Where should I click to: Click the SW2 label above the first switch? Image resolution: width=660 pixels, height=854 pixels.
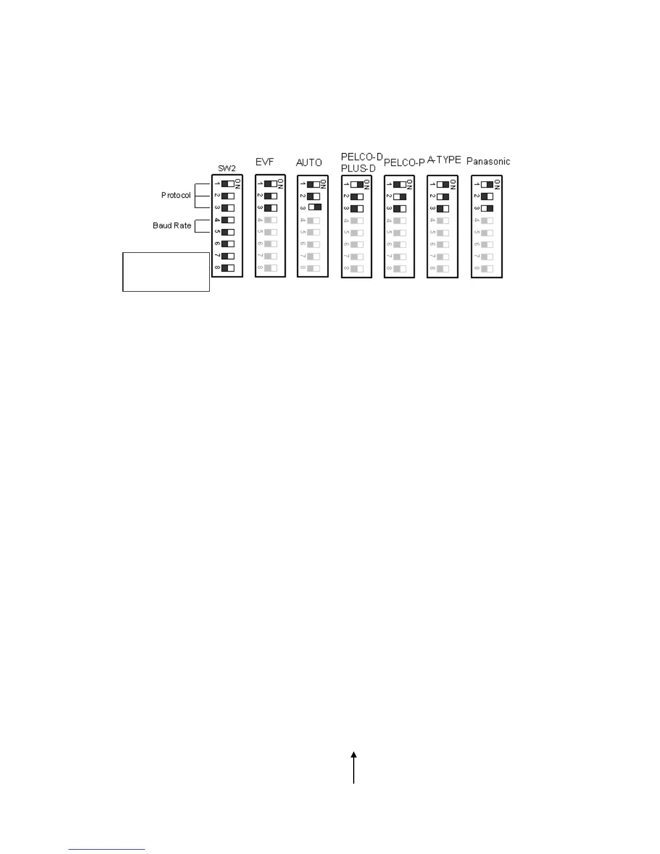pos(227,168)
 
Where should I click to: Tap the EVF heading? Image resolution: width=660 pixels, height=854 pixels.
pos(265,162)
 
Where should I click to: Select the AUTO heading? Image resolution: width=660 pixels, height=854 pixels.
pos(309,162)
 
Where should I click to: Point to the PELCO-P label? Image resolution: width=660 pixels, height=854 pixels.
pos(404,163)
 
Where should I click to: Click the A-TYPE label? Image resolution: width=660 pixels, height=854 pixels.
pos(444,160)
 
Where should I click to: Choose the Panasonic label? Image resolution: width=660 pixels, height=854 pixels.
pos(488,161)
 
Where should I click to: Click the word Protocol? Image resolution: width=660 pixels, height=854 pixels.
pos(176,195)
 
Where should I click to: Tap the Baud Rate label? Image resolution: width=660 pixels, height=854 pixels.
pos(172,225)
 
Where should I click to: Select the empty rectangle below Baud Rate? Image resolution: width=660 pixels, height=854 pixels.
pos(166,272)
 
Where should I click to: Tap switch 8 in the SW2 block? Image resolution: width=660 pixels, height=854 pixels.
pos(228,268)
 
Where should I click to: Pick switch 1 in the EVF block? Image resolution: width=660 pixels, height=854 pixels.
pos(271,184)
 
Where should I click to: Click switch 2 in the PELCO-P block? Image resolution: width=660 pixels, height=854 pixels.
pos(400,197)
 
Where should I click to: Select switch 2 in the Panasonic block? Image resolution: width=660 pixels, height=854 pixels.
pos(487,197)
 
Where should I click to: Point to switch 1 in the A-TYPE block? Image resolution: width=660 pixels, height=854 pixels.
pos(443,184)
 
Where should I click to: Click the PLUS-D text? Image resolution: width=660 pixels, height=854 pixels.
pos(358,168)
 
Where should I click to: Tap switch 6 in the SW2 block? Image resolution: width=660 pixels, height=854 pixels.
pos(228,244)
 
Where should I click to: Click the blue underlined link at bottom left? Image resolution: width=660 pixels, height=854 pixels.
pos(107,849)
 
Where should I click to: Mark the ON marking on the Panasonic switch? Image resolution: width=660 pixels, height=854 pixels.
pos(497,184)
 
